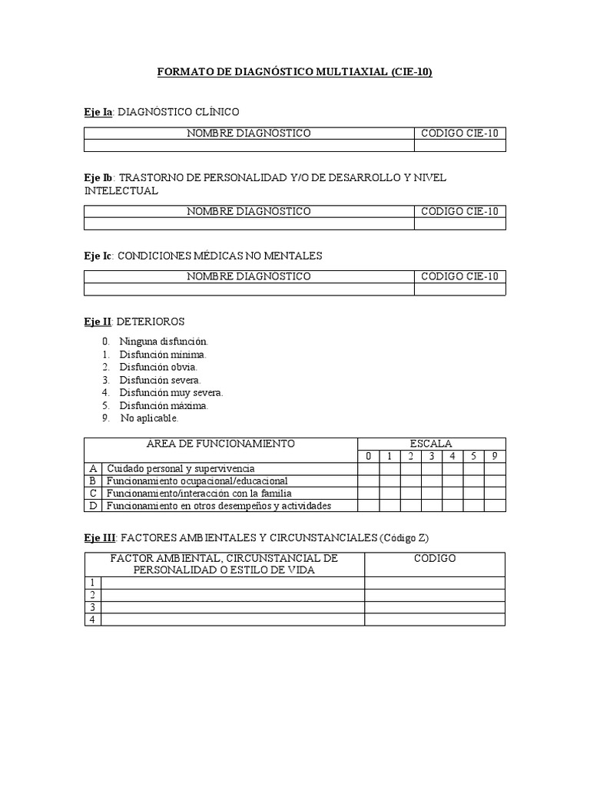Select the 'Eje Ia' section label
98,112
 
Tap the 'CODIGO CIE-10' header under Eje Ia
459,134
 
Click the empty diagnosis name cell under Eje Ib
249,223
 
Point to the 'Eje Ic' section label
98,255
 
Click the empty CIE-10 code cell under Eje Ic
459,289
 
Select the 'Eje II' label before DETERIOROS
99,321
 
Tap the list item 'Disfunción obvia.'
158,367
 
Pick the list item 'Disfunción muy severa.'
171,393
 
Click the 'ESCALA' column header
431,444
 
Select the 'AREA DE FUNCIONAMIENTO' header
220,444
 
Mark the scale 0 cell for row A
368,468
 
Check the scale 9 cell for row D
494,506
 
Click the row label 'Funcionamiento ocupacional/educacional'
197,481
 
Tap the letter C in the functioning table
93,494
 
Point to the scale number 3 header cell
432,456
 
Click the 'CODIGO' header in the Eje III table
435,558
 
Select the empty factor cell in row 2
233,595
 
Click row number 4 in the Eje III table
92,619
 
